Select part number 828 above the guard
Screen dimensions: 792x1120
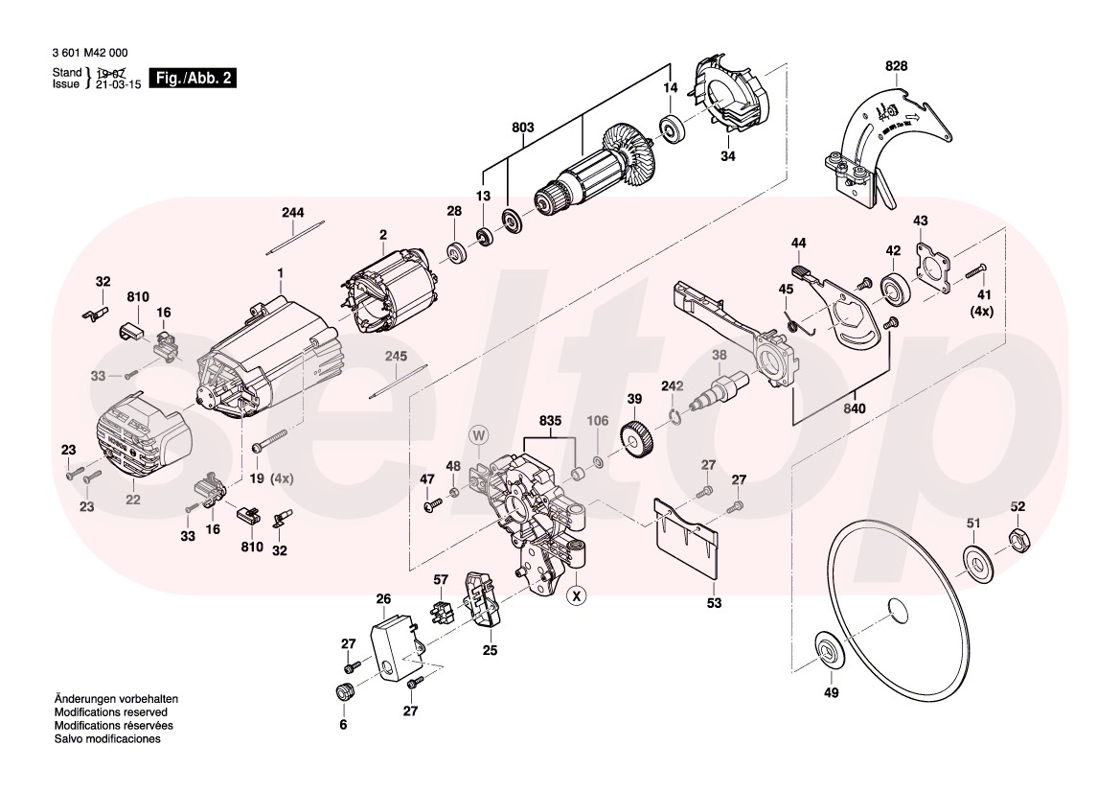tap(896, 65)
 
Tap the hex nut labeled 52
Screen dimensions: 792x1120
tap(1019, 541)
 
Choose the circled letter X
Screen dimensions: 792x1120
tap(575, 596)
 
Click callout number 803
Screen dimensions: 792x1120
tap(522, 127)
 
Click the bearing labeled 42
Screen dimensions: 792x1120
tap(894, 286)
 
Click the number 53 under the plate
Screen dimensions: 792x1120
tap(714, 604)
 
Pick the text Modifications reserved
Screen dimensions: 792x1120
tap(111, 713)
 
